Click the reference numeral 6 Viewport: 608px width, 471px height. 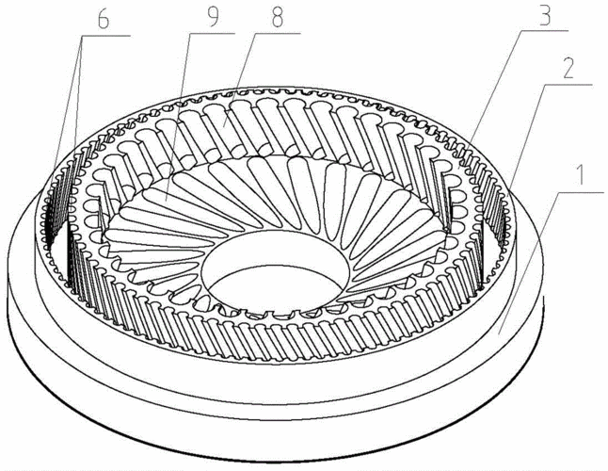[x=104, y=20]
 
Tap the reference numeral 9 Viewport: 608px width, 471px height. [x=213, y=17]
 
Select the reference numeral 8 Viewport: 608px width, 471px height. [x=277, y=17]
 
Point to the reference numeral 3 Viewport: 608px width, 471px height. [x=545, y=14]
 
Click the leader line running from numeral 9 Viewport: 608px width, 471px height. [x=178, y=117]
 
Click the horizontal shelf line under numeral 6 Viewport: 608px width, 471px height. [x=105, y=35]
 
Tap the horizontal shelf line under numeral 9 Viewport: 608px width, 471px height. [x=214, y=34]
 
